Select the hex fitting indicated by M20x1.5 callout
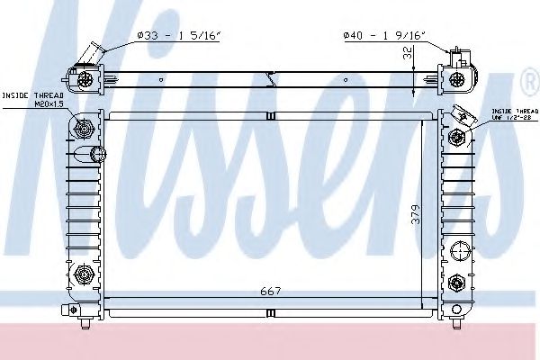(x=85, y=129)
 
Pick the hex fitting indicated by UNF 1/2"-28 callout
(x=458, y=138)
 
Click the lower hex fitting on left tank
(x=85, y=274)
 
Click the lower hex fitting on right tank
(x=458, y=283)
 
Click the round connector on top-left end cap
(x=85, y=79)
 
